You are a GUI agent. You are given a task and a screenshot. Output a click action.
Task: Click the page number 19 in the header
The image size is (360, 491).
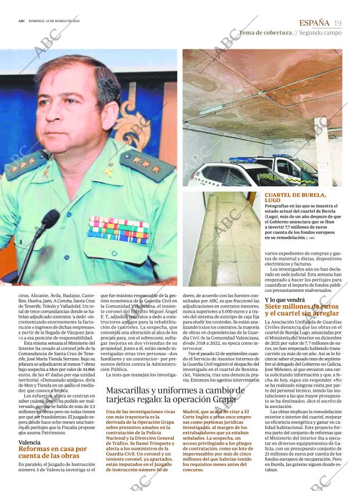tap(338, 23)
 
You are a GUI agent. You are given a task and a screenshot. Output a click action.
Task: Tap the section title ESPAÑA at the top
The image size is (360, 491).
tap(314, 23)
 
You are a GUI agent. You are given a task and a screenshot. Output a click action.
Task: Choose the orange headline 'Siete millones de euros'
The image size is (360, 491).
tap(301, 306)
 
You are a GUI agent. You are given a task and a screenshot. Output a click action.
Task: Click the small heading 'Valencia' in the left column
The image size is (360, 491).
tap(30, 442)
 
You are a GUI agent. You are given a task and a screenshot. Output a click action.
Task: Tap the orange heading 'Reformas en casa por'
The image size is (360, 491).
tap(53, 449)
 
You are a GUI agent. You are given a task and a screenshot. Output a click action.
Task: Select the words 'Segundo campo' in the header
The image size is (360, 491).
tap(321, 33)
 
